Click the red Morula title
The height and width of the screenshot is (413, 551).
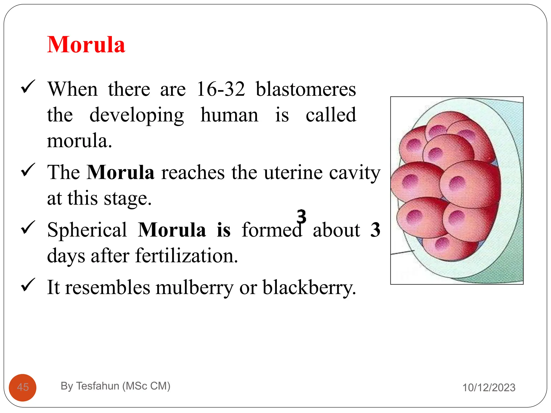86,45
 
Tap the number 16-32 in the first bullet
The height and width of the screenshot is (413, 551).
221,89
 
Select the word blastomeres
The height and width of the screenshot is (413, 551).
306,89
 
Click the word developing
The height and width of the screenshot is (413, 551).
137,115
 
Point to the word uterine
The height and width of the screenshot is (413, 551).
293,172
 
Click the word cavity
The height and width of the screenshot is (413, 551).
355,173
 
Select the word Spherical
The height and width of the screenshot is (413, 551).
87,230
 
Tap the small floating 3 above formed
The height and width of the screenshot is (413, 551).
301,216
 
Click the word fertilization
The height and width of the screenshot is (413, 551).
186,256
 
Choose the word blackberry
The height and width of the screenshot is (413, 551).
309,287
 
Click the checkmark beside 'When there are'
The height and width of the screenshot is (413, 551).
28,87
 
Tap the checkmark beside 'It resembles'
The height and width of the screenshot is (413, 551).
28,285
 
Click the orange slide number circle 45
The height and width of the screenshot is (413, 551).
23,387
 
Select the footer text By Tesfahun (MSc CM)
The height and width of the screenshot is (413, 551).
115,386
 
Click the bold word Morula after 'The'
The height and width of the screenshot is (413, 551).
121,172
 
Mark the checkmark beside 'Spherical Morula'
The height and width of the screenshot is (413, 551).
28,227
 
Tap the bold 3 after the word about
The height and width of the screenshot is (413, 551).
375,230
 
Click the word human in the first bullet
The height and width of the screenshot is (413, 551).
229,115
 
